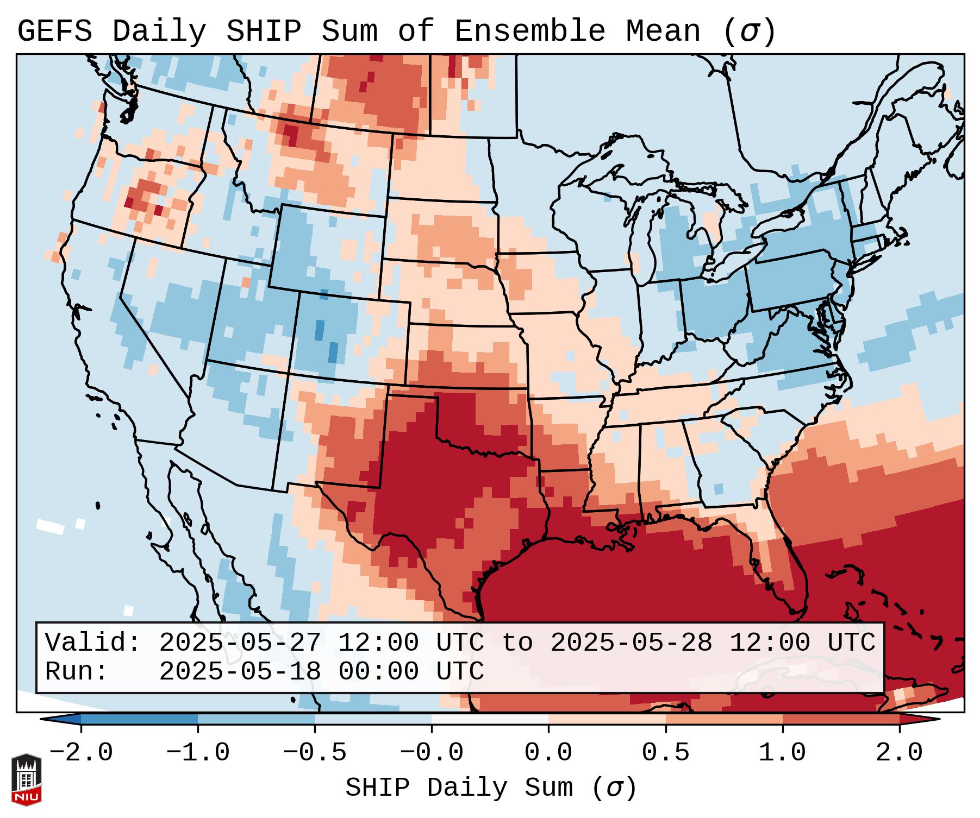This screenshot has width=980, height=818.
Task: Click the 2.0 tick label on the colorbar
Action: tap(899, 753)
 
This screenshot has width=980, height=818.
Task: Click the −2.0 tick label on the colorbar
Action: tap(81, 753)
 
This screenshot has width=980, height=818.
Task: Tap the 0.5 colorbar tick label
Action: tap(665, 753)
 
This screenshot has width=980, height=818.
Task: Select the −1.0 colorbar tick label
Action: tap(198, 753)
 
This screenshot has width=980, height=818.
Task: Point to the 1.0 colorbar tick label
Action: tap(782, 753)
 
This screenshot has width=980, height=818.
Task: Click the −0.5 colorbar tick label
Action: tap(315, 753)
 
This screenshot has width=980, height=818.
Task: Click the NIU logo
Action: tap(26, 779)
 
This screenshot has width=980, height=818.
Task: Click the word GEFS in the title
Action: tap(55, 32)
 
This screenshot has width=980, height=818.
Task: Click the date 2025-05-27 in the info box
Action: tap(240, 643)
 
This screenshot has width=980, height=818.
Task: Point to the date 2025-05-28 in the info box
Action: tap(632, 643)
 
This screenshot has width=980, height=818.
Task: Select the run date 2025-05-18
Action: tap(240, 672)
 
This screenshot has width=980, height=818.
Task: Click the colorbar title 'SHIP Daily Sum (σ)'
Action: tap(491, 788)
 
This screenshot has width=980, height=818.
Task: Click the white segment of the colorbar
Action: tap(490, 719)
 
